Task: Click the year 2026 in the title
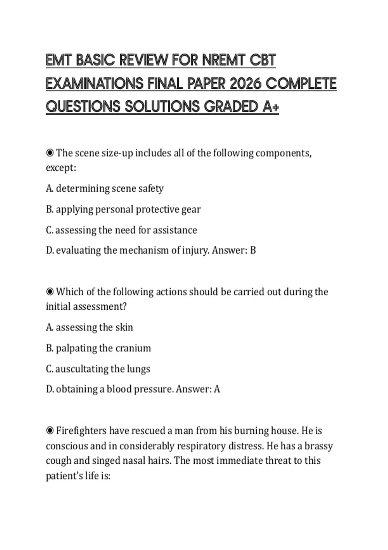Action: point(245,84)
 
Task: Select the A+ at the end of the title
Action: point(271,107)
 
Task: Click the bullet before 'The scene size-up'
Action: point(50,153)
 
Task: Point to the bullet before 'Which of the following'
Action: point(50,292)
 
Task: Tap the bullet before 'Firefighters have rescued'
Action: point(50,431)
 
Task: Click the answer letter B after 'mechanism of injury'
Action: point(253,250)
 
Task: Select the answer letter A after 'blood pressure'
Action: point(217,389)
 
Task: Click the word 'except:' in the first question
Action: point(61,168)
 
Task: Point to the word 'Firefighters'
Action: point(81,431)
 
